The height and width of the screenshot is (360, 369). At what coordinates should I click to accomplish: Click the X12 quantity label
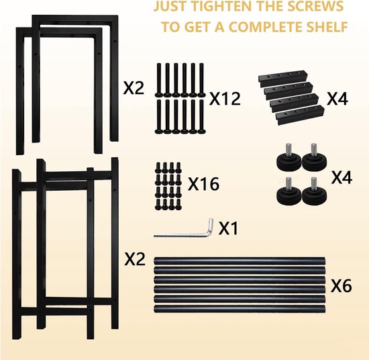pos(225,98)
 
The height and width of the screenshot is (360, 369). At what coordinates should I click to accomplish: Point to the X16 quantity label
pos(203,184)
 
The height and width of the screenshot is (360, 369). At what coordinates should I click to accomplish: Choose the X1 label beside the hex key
pos(228,228)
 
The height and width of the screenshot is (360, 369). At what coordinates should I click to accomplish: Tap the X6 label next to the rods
pos(341,286)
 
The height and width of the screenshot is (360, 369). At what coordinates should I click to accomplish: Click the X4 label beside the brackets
pos(337,99)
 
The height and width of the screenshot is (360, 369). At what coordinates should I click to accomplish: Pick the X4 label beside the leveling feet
pos(341,177)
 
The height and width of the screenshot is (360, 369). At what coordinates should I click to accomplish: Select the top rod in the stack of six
pos(240,261)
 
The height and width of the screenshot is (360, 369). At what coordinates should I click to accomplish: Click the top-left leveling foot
pos(289,162)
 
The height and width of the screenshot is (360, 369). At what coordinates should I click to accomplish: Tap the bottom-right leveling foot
pos(314,196)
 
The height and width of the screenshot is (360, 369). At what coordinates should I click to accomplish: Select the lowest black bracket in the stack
pos(300,115)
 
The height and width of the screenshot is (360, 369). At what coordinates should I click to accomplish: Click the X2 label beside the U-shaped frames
pos(134,89)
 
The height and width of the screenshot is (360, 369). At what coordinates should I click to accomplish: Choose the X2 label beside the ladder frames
pos(135,260)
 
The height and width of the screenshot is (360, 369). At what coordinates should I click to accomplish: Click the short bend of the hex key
pos(211,226)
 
